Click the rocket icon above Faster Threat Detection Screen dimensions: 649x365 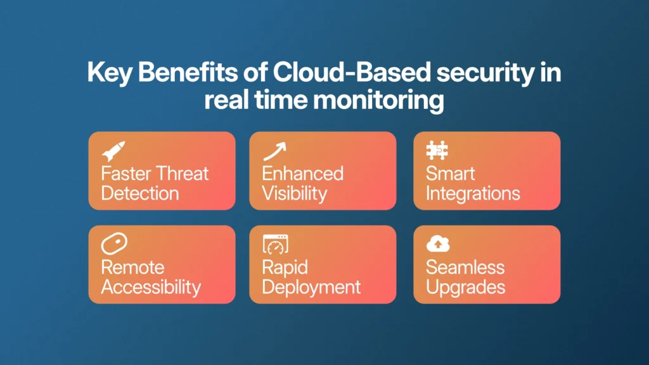click(x=113, y=151)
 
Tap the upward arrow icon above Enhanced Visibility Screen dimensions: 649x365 click(x=275, y=151)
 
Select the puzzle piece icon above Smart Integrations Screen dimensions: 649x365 click(x=437, y=150)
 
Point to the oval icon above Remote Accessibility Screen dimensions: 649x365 click(x=114, y=244)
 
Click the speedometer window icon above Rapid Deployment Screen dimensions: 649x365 click(x=276, y=244)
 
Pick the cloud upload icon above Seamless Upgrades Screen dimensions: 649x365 click(x=438, y=244)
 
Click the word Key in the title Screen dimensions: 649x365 click(x=110, y=73)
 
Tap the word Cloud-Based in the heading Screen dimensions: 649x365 click(x=352, y=72)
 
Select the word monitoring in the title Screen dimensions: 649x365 click(x=378, y=100)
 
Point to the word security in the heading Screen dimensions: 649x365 click(x=485, y=73)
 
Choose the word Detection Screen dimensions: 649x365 click(x=140, y=193)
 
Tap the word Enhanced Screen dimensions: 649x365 click(x=302, y=174)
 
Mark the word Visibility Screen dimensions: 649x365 click(x=294, y=194)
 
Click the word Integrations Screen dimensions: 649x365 click(x=473, y=194)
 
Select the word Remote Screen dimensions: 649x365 click(x=133, y=267)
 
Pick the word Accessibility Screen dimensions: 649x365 click(x=151, y=288)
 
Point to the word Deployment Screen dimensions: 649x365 click(x=311, y=288)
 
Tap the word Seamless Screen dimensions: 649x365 click(x=465, y=267)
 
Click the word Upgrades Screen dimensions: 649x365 click(x=466, y=288)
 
